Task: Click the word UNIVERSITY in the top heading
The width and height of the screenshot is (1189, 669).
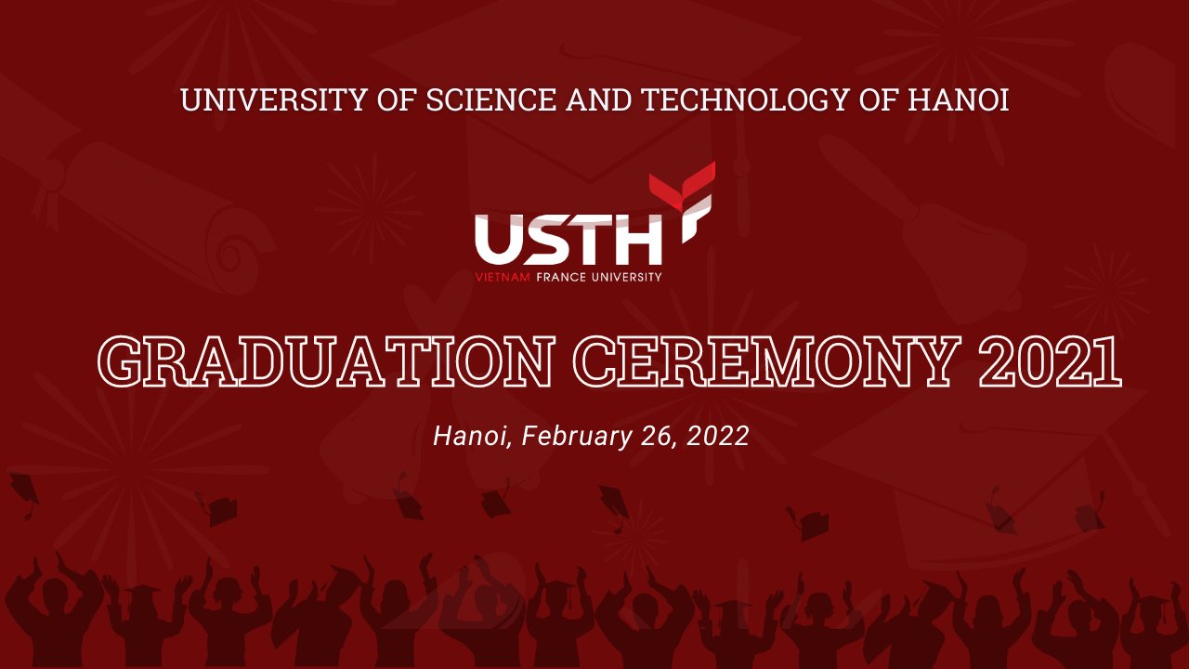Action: [x=274, y=99]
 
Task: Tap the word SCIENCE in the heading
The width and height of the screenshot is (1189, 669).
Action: [x=491, y=99]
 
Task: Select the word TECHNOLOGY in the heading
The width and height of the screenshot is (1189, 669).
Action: [x=745, y=99]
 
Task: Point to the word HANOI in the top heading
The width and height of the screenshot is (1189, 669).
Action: [x=958, y=99]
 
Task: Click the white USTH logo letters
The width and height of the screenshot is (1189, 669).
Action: [x=568, y=240]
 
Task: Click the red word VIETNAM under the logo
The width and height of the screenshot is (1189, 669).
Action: [x=503, y=277]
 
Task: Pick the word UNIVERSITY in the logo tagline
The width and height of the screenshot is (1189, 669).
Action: [x=627, y=277]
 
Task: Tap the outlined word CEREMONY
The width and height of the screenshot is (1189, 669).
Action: [x=767, y=361]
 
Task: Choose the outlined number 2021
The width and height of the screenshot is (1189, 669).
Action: [x=1051, y=361]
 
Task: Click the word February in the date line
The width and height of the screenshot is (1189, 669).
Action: [x=577, y=437]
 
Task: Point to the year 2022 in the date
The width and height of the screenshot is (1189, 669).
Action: [x=718, y=436]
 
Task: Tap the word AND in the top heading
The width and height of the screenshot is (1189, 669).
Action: [x=599, y=99]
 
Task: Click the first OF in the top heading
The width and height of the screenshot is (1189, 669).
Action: [x=397, y=99]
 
